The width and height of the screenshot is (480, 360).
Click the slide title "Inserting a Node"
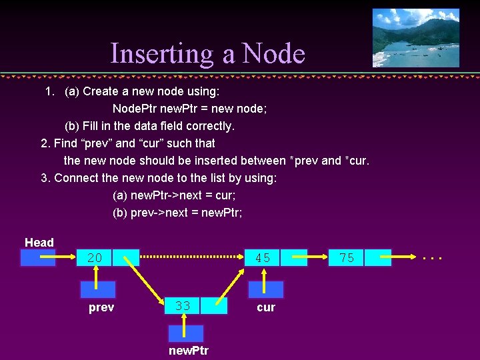207,53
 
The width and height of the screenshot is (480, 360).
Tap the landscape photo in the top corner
415,37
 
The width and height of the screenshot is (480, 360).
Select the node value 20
95,258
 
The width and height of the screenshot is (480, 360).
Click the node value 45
263,258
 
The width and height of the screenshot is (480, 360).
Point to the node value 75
347,258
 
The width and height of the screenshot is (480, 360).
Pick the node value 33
183,306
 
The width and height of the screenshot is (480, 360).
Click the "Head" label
39,243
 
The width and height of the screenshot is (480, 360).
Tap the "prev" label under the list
101,307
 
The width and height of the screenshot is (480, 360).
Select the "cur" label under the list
265,307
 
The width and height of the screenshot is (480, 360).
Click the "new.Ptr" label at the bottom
189,350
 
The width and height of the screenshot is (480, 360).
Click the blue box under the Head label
38,258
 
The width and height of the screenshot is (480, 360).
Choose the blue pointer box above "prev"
97,289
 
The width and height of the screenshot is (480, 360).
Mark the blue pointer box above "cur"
265,289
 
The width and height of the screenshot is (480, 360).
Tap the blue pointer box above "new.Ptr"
185,333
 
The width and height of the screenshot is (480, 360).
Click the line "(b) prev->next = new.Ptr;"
177,213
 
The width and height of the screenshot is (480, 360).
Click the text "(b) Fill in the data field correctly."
149,125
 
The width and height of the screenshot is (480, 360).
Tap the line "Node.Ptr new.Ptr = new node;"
189,108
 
